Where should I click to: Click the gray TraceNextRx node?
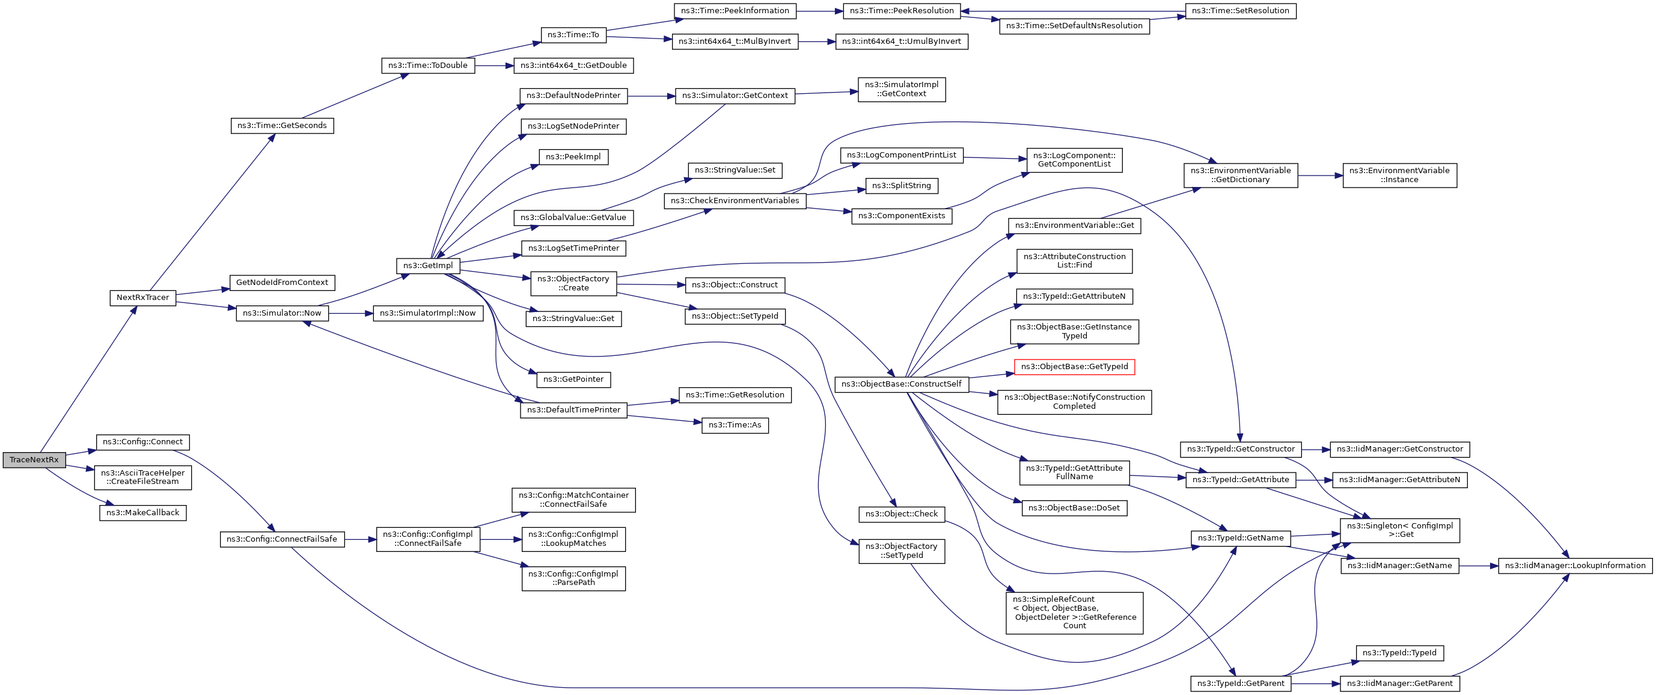click(x=34, y=460)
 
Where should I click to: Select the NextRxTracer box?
click(x=142, y=298)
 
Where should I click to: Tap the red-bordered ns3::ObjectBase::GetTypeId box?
click(x=1074, y=367)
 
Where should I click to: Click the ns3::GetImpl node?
click(x=428, y=266)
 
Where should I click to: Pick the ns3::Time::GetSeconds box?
click(x=283, y=126)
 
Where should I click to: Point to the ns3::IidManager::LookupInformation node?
click(x=1575, y=566)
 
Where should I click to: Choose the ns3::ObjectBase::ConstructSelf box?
click(x=901, y=384)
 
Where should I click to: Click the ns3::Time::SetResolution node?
click(x=1240, y=11)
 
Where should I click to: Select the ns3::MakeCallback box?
click(x=142, y=513)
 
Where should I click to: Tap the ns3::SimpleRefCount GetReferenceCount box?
click(x=1074, y=613)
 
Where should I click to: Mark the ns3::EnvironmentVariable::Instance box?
click(x=1399, y=175)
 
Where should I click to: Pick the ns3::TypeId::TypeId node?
click(x=1399, y=653)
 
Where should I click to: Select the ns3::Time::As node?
click(x=735, y=425)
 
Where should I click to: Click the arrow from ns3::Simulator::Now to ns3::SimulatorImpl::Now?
click(x=351, y=313)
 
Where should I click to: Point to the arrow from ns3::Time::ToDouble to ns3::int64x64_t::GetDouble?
click(x=493, y=66)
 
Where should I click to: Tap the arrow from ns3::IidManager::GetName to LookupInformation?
click(x=1479, y=566)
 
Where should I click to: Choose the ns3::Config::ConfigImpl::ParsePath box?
click(x=573, y=578)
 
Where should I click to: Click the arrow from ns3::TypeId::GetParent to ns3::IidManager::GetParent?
click(x=1315, y=684)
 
